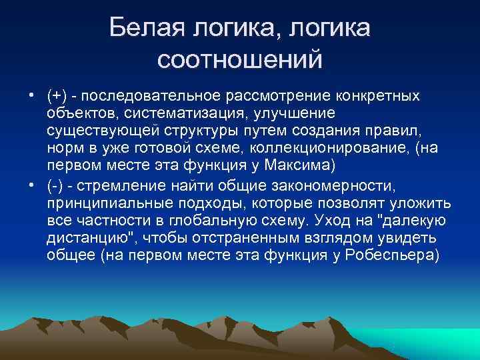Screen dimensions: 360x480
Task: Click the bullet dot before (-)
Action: click(x=32, y=186)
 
